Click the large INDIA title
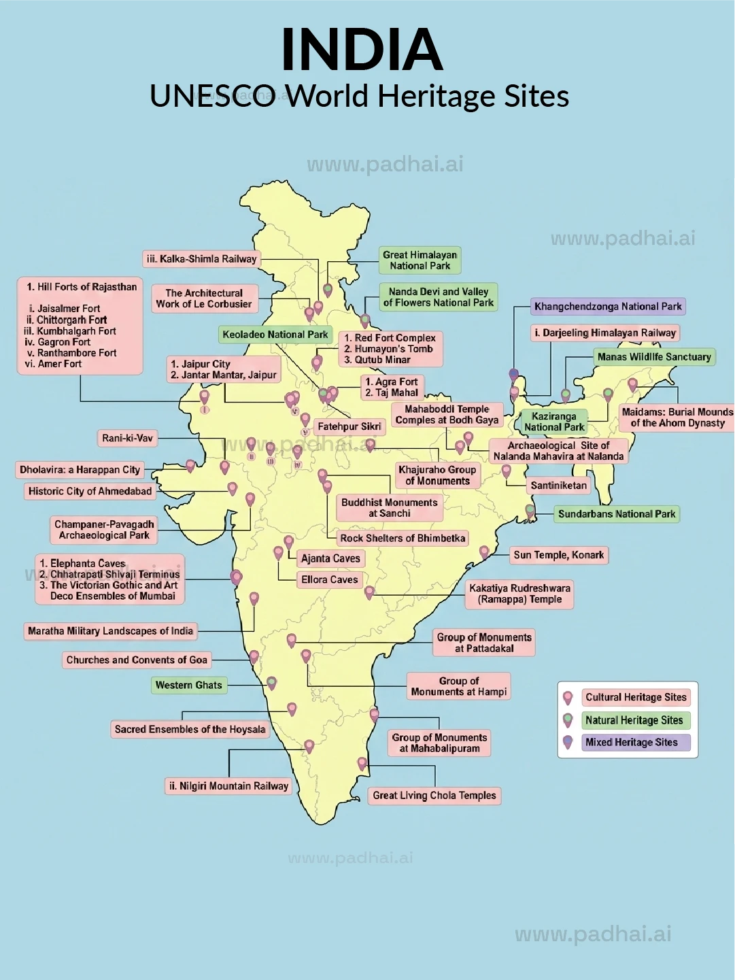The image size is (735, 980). (362, 50)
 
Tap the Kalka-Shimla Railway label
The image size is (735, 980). (201, 259)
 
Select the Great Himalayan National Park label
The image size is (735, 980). (420, 260)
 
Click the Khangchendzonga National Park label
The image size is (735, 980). (608, 307)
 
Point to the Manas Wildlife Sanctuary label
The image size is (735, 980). (653, 357)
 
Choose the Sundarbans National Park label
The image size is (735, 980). (616, 514)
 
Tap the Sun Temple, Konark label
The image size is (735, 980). (558, 555)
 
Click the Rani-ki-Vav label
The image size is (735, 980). (127, 439)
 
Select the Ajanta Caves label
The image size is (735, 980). (330, 558)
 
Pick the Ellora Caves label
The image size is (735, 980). (329, 580)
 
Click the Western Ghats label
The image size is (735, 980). (188, 686)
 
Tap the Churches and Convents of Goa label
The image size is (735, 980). (137, 660)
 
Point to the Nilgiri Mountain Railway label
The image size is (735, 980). (228, 786)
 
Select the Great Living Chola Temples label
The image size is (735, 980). (434, 796)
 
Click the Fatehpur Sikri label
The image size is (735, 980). (349, 427)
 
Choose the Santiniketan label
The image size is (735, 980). (558, 486)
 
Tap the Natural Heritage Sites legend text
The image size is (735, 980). (634, 720)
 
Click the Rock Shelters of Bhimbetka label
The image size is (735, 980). (403, 539)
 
